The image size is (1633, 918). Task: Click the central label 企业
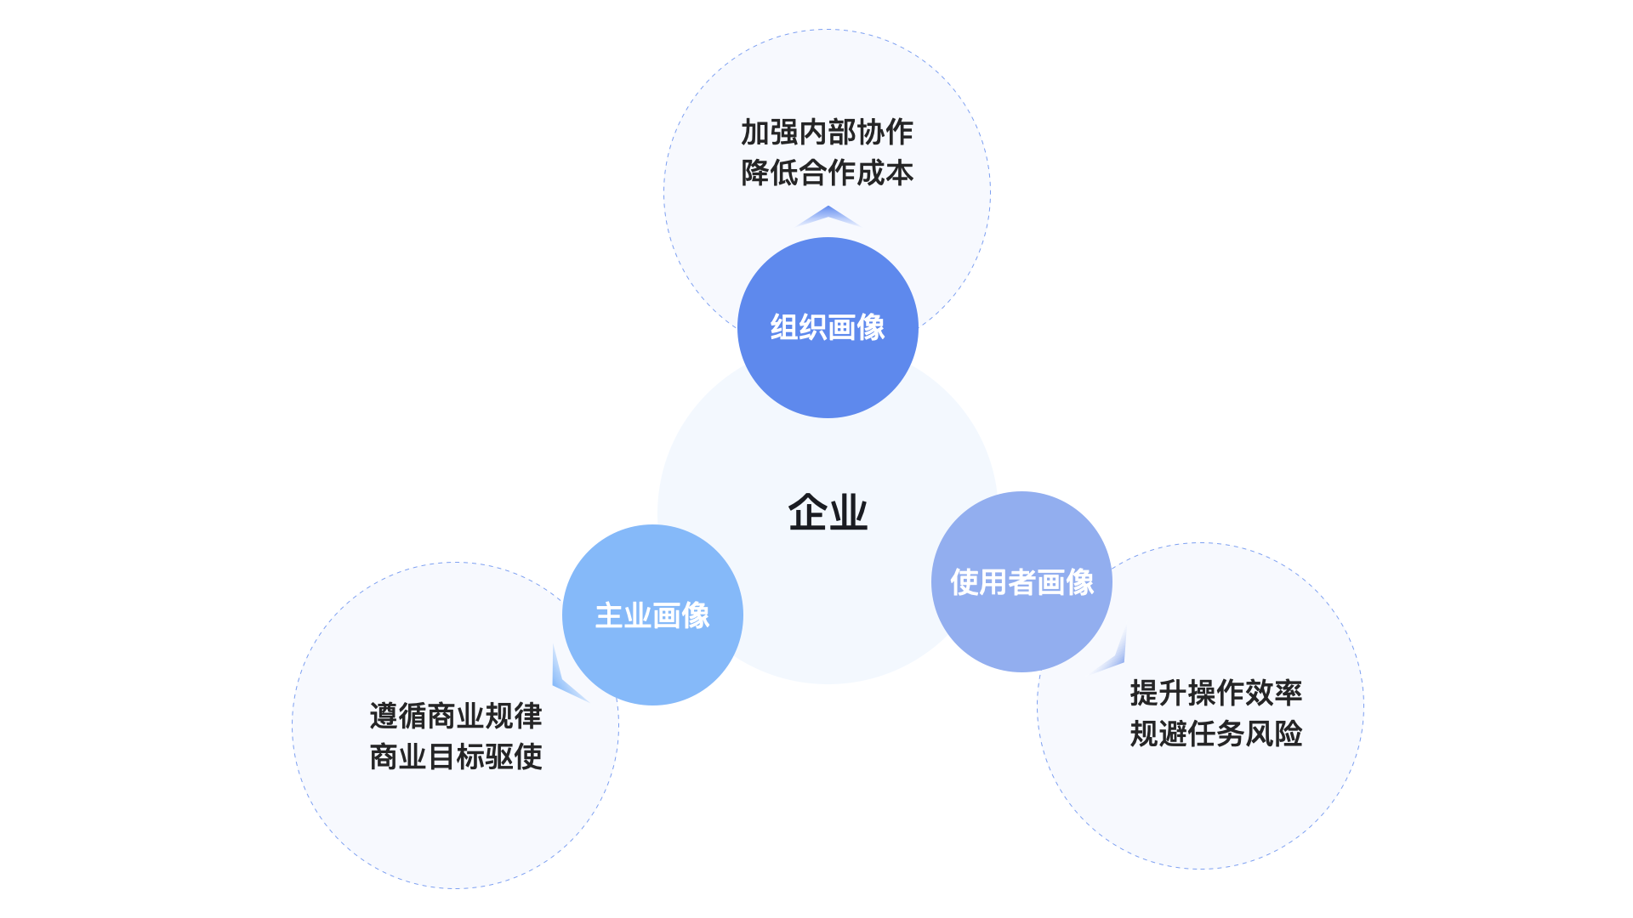[x=828, y=513]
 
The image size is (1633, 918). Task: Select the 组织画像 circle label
[x=828, y=327]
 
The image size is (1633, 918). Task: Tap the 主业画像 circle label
[x=652, y=615]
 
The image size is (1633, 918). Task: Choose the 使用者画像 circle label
[x=1021, y=582]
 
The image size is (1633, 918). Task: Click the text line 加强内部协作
[x=827, y=133]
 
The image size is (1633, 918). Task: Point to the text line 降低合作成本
[x=827, y=173]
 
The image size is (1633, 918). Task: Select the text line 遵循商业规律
[x=456, y=716]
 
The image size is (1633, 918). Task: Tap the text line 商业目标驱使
[x=456, y=756]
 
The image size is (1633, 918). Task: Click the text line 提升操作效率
[x=1216, y=693]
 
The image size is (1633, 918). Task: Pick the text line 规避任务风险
[x=1216, y=734]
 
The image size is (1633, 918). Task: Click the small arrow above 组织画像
[x=828, y=216]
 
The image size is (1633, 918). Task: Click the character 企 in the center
[x=807, y=513]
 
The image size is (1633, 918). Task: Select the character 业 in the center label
[x=848, y=513]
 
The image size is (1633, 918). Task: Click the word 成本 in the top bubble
[x=885, y=173]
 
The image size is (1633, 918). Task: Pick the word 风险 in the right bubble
[x=1273, y=734]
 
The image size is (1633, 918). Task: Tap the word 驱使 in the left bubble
[x=514, y=756]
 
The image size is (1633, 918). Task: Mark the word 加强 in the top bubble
[x=770, y=133]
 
